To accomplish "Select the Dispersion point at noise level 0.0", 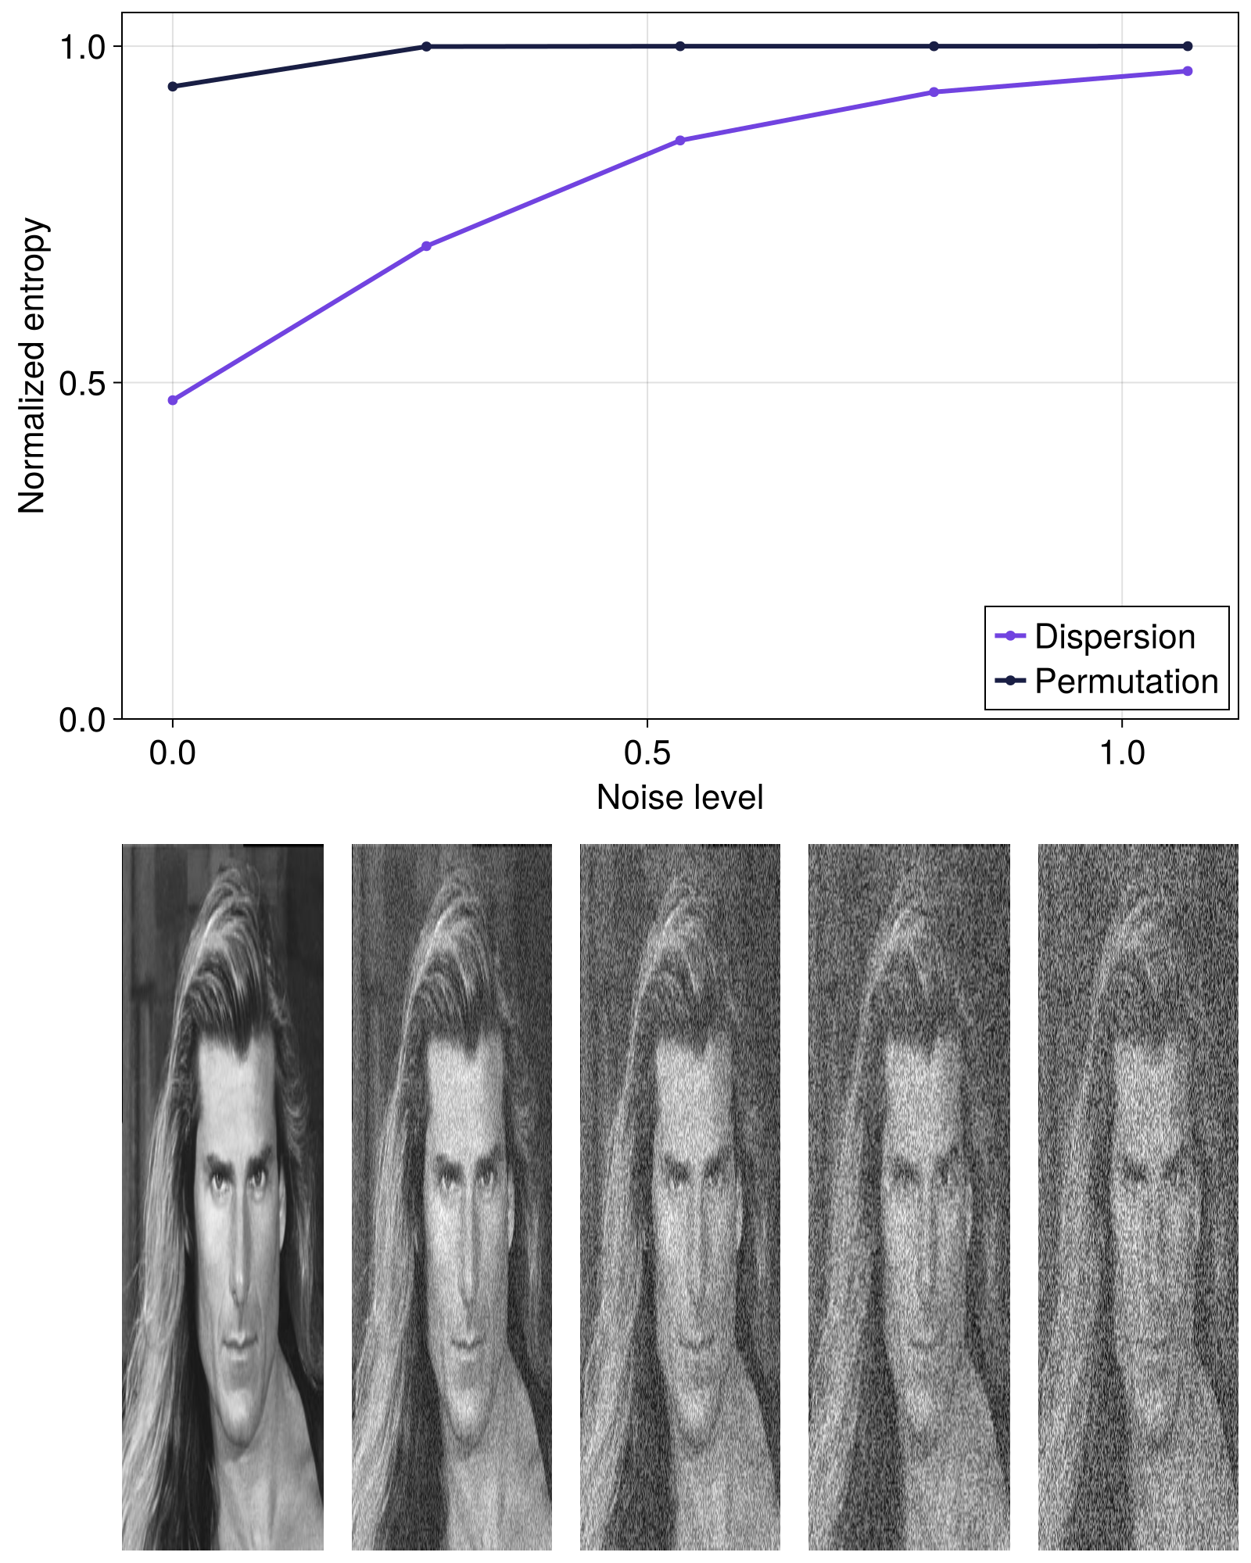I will click(x=173, y=400).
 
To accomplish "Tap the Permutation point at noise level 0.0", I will click(x=173, y=86).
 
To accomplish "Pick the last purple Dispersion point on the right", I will click(x=1188, y=71).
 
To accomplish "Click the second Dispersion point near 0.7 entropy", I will click(x=426, y=246).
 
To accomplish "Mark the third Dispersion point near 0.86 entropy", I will click(x=680, y=141).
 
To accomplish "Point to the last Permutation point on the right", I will click(x=1188, y=46).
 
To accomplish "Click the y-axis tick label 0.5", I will click(x=82, y=384).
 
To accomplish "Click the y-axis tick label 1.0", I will click(x=82, y=48).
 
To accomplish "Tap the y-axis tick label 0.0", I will click(x=82, y=720).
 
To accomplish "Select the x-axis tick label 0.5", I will click(x=647, y=753).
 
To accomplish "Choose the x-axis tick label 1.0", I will click(x=1122, y=753).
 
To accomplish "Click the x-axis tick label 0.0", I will click(x=173, y=753).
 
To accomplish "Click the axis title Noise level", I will click(x=679, y=798).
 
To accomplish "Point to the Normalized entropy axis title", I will click(x=33, y=366).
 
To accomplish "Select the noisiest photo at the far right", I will click(x=1138, y=1196).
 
